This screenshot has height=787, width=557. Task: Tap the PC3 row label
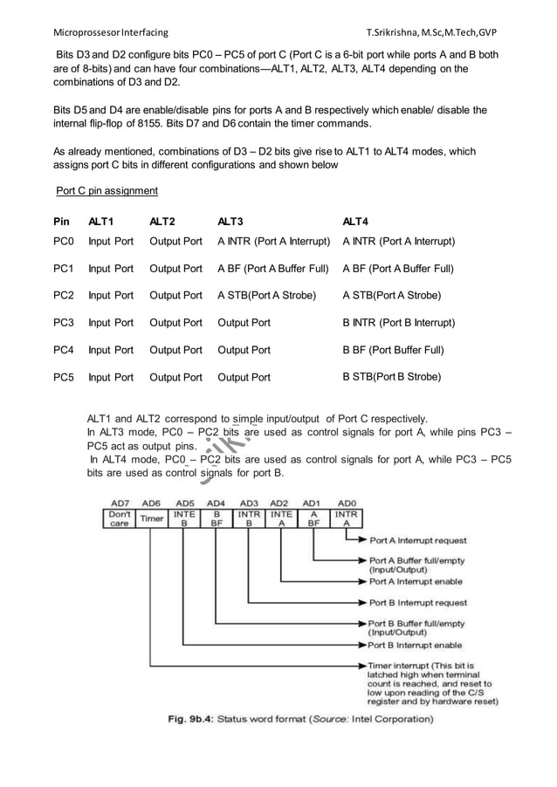point(65,323)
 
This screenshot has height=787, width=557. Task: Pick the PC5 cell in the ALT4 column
point(392,377)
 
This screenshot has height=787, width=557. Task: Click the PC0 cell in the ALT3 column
point(273,241)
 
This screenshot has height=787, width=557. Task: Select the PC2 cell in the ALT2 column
point(175,296)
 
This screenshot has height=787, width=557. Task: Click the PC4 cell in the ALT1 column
point(111,351)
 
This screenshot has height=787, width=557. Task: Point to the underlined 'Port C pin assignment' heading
point(107,190)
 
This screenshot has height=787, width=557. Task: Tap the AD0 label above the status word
point(347,503)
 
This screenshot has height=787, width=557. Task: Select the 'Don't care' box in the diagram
point(120,518)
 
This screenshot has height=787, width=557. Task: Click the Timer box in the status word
point(152,517)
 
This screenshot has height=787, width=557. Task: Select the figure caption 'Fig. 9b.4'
point(194,720)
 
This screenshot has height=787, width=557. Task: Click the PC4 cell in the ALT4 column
point(394,351)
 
